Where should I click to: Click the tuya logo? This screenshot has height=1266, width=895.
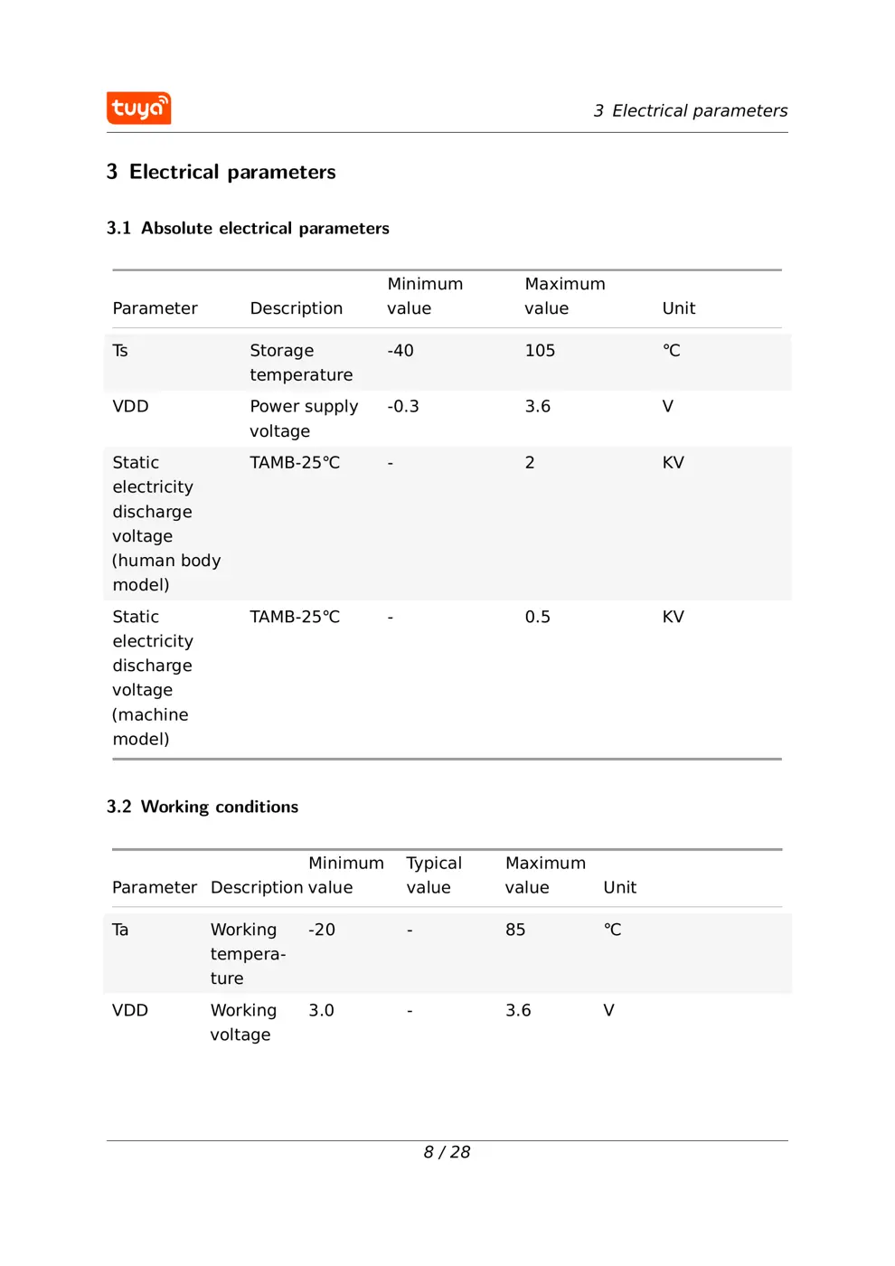pos(138,109)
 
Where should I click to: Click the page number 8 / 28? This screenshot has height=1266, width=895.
pos(447,1152)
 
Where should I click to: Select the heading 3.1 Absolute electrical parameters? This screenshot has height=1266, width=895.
pos(248,229)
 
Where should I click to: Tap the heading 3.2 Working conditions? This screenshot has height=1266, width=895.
pos(203,807)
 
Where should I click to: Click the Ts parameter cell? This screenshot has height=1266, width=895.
pos(120,351)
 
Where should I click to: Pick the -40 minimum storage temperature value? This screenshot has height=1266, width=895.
pos(400,351)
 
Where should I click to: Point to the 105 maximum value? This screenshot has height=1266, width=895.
pos(540,351)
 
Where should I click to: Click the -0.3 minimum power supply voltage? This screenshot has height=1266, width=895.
pos(403,407)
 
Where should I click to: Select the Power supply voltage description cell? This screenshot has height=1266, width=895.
pos(304,419)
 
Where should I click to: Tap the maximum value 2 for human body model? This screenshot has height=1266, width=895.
pos(530,463)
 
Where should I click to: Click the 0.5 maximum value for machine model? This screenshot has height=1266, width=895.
pos(537,617)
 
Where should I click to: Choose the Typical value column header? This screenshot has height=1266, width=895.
pos(434,875)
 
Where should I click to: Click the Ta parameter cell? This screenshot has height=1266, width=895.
pos(120,930)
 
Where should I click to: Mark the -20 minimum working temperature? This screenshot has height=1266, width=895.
pos(322,930)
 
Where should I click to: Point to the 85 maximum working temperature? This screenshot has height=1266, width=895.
pos(515,930)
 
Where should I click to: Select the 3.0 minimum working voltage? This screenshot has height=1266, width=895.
pos(321,1010)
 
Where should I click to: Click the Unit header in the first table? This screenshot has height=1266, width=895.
pos(679,308)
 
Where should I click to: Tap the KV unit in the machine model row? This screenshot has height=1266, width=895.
pos(674,617)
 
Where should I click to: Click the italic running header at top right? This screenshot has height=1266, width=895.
pos(691,111)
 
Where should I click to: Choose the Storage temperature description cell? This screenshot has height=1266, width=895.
pos(301,363)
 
